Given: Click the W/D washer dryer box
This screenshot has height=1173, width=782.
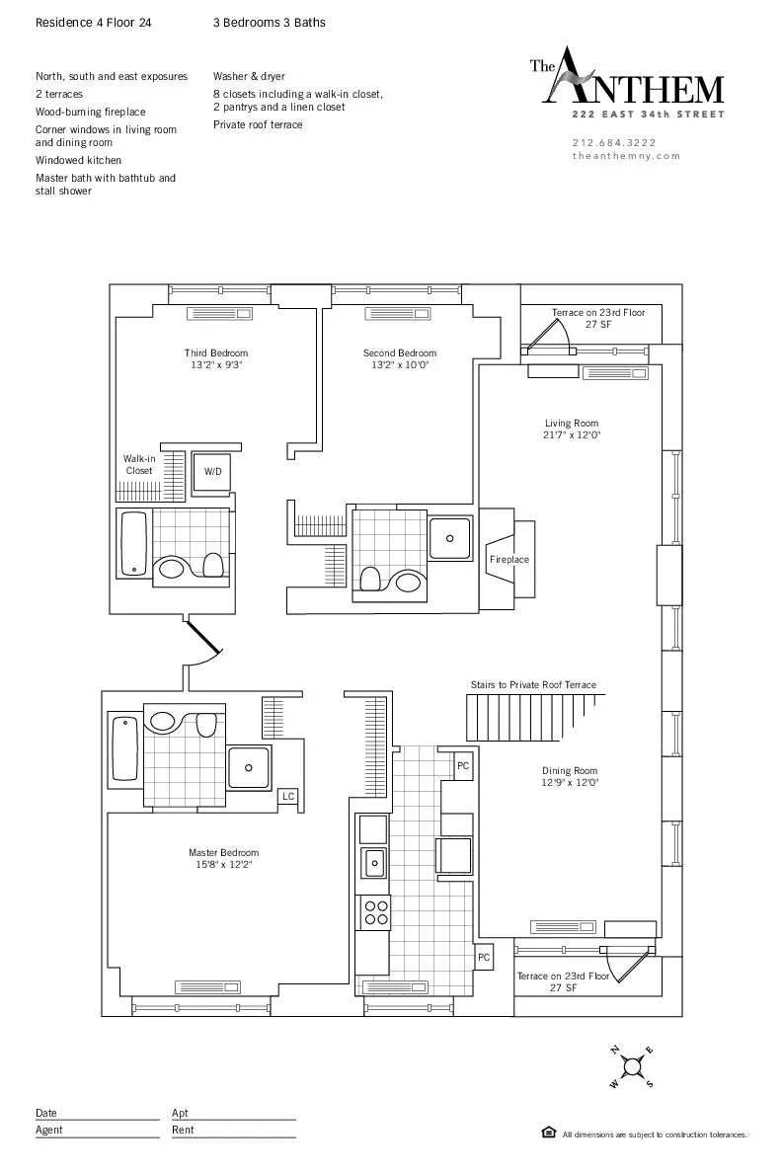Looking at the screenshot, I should [213, 472].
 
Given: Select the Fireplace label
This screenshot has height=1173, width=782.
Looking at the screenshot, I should [509, 560].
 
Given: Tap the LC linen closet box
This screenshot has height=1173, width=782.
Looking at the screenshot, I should [288, 796].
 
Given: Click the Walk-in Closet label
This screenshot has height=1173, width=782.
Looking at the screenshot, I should [138, 465].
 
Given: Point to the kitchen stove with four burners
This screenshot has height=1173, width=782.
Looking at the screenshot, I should [375, 911].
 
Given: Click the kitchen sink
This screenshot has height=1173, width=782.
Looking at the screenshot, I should [374, 862].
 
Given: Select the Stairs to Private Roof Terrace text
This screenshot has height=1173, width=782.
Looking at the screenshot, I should [533, 685].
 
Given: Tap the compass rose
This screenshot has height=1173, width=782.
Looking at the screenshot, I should [631, 1066].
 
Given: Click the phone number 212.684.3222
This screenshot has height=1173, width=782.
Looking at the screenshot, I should [613, 142].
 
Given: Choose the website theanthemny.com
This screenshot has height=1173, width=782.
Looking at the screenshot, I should [626, 156].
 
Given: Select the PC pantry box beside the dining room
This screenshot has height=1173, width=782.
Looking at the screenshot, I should [462, 765].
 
